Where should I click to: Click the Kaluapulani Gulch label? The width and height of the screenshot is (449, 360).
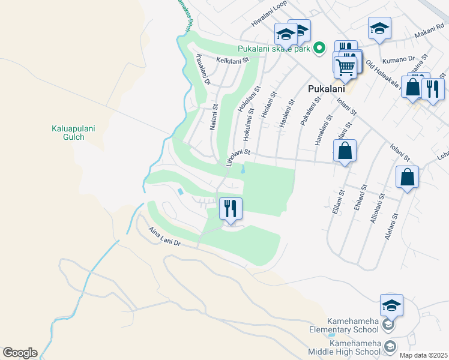tap(67, 132)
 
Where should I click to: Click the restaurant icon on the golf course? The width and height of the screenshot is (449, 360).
tap(231, 208)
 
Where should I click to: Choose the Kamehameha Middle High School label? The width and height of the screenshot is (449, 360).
tap(345, 347)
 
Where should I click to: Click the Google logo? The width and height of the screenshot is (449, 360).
tap(20, 353)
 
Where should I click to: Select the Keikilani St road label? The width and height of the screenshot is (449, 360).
tap(232, 61)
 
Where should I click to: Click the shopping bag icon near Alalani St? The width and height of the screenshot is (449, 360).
tap(407, 177)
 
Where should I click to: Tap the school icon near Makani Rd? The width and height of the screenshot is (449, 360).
tap(379, 28)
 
